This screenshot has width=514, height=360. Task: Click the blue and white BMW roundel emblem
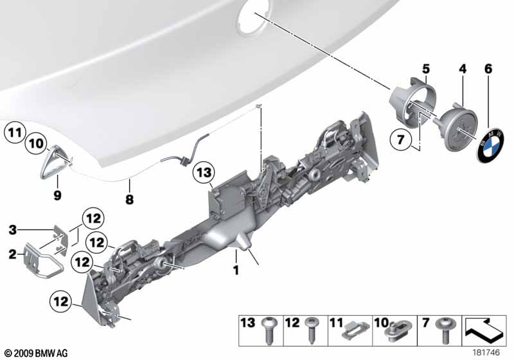491,145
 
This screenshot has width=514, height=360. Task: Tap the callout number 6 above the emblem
488,69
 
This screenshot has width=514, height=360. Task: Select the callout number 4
462,69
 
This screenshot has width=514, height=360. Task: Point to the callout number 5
425,69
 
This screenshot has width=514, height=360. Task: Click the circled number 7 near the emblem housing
400,140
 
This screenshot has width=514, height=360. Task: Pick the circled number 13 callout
204,172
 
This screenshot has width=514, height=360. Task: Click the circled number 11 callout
15,133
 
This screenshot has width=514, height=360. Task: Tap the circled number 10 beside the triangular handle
36,143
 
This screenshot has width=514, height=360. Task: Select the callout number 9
57,195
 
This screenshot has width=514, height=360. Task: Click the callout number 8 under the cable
130,199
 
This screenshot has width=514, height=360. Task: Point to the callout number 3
12,230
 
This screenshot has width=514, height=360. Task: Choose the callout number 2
12,254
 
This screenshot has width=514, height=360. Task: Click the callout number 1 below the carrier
236,270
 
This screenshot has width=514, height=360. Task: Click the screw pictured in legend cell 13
269,330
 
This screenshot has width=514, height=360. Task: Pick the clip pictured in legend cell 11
355,332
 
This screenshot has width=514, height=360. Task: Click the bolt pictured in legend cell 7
445,330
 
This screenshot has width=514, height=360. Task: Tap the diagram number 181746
486,352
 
